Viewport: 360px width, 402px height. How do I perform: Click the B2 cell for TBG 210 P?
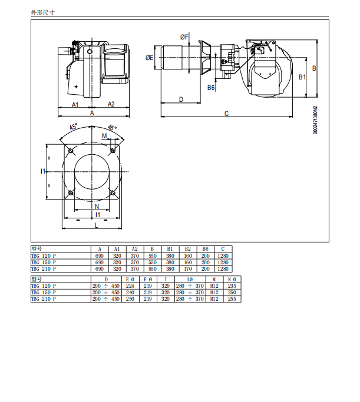(x=188, y=269)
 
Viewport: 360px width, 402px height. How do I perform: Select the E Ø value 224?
(x=130, y=286)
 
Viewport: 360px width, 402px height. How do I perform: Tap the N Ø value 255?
(x=232, y=299)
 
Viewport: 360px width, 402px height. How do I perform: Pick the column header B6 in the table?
(x=205, y=249)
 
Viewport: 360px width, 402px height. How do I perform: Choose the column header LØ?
(x=190, y=280)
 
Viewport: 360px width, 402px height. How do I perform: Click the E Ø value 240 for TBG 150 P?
(x=130, y=293)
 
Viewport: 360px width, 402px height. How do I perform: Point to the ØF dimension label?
(x=184, y=37)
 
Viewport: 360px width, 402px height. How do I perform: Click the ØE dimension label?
(x=149, y=58)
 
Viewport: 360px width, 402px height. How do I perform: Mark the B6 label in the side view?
(x=211, y=88)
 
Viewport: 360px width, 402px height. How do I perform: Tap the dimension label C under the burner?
(x=226, y=114)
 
